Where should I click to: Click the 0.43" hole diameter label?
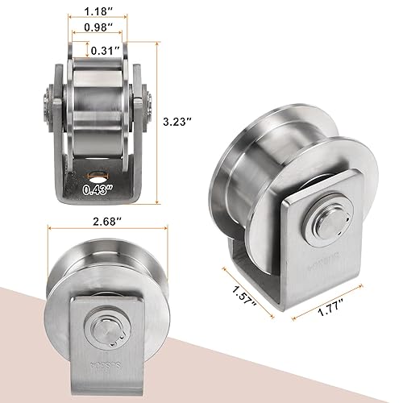98,192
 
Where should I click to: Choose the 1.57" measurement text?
239,293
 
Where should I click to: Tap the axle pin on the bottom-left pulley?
106,334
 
